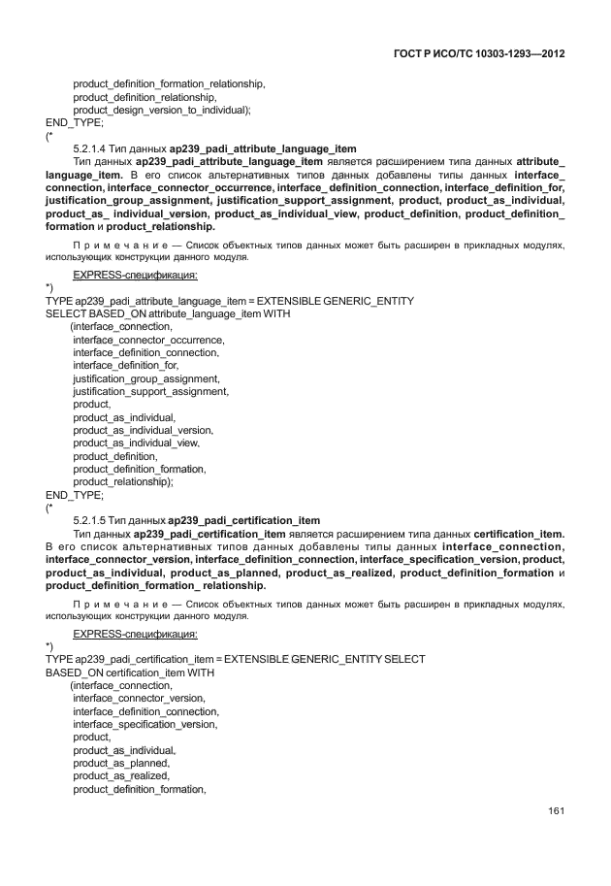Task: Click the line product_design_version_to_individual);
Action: point(162,110)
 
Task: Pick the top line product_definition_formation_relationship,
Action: point(169,84)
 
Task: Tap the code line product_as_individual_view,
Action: point(136,443)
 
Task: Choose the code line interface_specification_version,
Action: point(145,724)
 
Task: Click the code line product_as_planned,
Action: point(122,763)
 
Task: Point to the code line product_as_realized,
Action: point(122,775)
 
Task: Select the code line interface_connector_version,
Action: point(139,699)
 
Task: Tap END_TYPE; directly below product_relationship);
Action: point(75,493)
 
